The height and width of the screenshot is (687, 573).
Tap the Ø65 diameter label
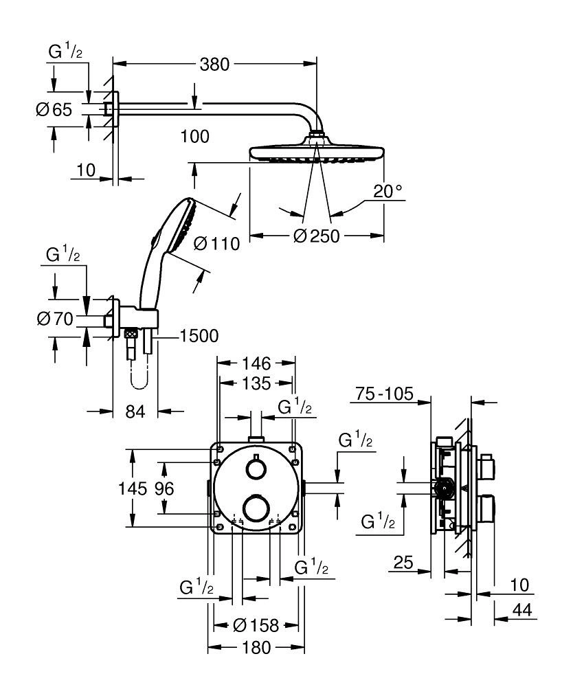[x=53, y=109]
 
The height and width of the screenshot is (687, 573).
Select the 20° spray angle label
[x=389, y=192]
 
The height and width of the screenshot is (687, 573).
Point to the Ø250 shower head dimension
[x=317, y=236]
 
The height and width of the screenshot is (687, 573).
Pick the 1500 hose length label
[x=199, y=336]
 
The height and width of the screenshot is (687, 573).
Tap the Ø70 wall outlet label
[x=53, y=319]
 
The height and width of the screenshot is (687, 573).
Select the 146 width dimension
[x=257, y=363]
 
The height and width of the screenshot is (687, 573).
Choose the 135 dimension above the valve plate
[x=257, y=382]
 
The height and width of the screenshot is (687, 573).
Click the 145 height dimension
[x=133, y=489]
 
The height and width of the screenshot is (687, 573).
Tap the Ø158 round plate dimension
[x=256, y=625]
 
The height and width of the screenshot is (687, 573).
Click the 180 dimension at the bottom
[x=256, y=647]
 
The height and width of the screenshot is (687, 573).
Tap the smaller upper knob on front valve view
[x=256, y=469]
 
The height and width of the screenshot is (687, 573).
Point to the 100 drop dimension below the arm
[x=194, y=136]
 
